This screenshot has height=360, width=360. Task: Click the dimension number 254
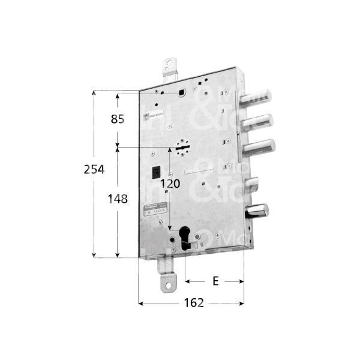pos(93,170)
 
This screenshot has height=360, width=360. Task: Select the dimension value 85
pos(118,119)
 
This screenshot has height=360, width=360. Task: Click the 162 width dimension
pos(191,302)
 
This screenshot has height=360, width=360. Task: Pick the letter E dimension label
pos(215,281)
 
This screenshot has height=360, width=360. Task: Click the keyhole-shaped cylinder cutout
pos(184,235)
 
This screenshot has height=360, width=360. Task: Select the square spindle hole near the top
pos(181,92)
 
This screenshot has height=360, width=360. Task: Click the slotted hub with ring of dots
pos(182,146)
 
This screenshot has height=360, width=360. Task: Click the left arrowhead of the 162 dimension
pos(142,303)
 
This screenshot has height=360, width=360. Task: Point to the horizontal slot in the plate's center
pos(199,173)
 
